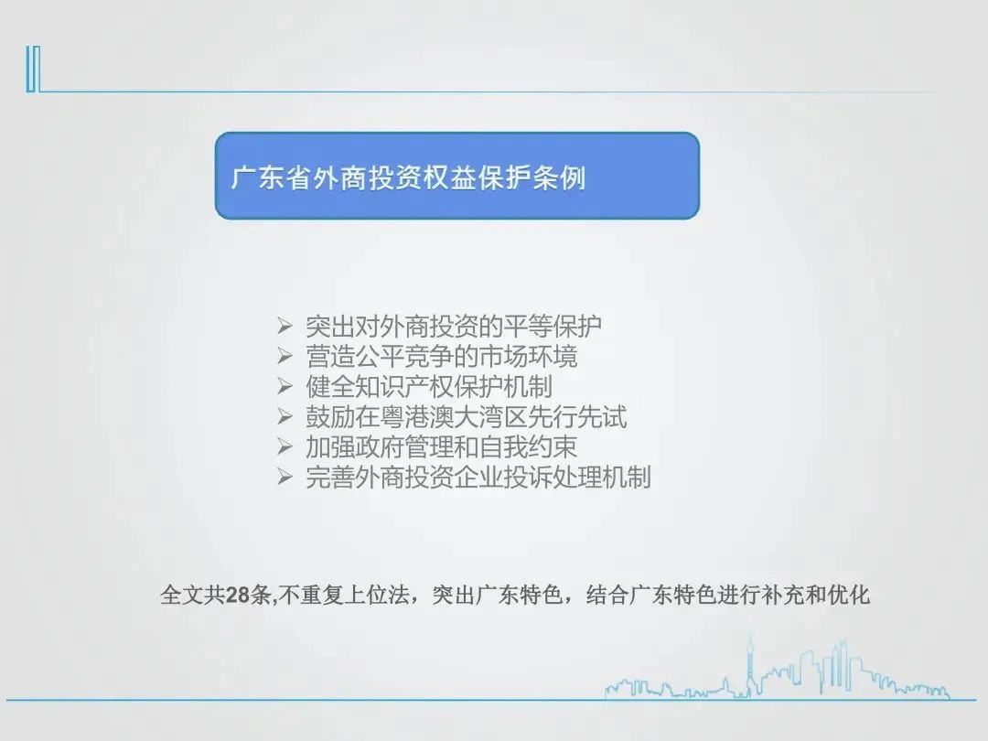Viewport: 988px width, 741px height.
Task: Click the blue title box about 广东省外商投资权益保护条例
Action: [x=457, y=176]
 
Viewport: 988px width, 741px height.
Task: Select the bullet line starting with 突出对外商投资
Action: [x=454, y=326]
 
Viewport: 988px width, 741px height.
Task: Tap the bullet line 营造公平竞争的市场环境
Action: [x=441, y=356]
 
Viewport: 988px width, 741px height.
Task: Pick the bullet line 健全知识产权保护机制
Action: [x=429, y=386]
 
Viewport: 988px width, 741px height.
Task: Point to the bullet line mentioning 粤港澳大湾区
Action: [x=467, y=416]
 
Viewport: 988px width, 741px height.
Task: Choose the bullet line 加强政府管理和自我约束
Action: [x=441, y=446]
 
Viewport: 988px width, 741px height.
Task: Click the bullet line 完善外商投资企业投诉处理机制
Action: [x=478, y=477]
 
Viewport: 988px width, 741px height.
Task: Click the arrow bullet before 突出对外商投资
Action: [x=285, y=326]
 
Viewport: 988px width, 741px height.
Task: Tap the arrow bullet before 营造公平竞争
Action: [x=285, y=356]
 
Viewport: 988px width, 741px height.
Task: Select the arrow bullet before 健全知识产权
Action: [x=285, y=386]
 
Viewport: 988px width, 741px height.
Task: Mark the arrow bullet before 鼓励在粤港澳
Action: [x=285, y=416]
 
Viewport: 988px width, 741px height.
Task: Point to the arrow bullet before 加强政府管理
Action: [x=285, y=446]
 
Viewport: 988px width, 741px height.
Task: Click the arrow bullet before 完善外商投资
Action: [x=285, y=477]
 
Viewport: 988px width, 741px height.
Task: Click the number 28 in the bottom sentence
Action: [x=238, y=595]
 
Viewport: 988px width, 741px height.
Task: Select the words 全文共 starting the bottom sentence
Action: [x=193, y=595]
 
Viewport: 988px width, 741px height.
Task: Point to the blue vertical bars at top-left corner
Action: [x=34, y=70]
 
